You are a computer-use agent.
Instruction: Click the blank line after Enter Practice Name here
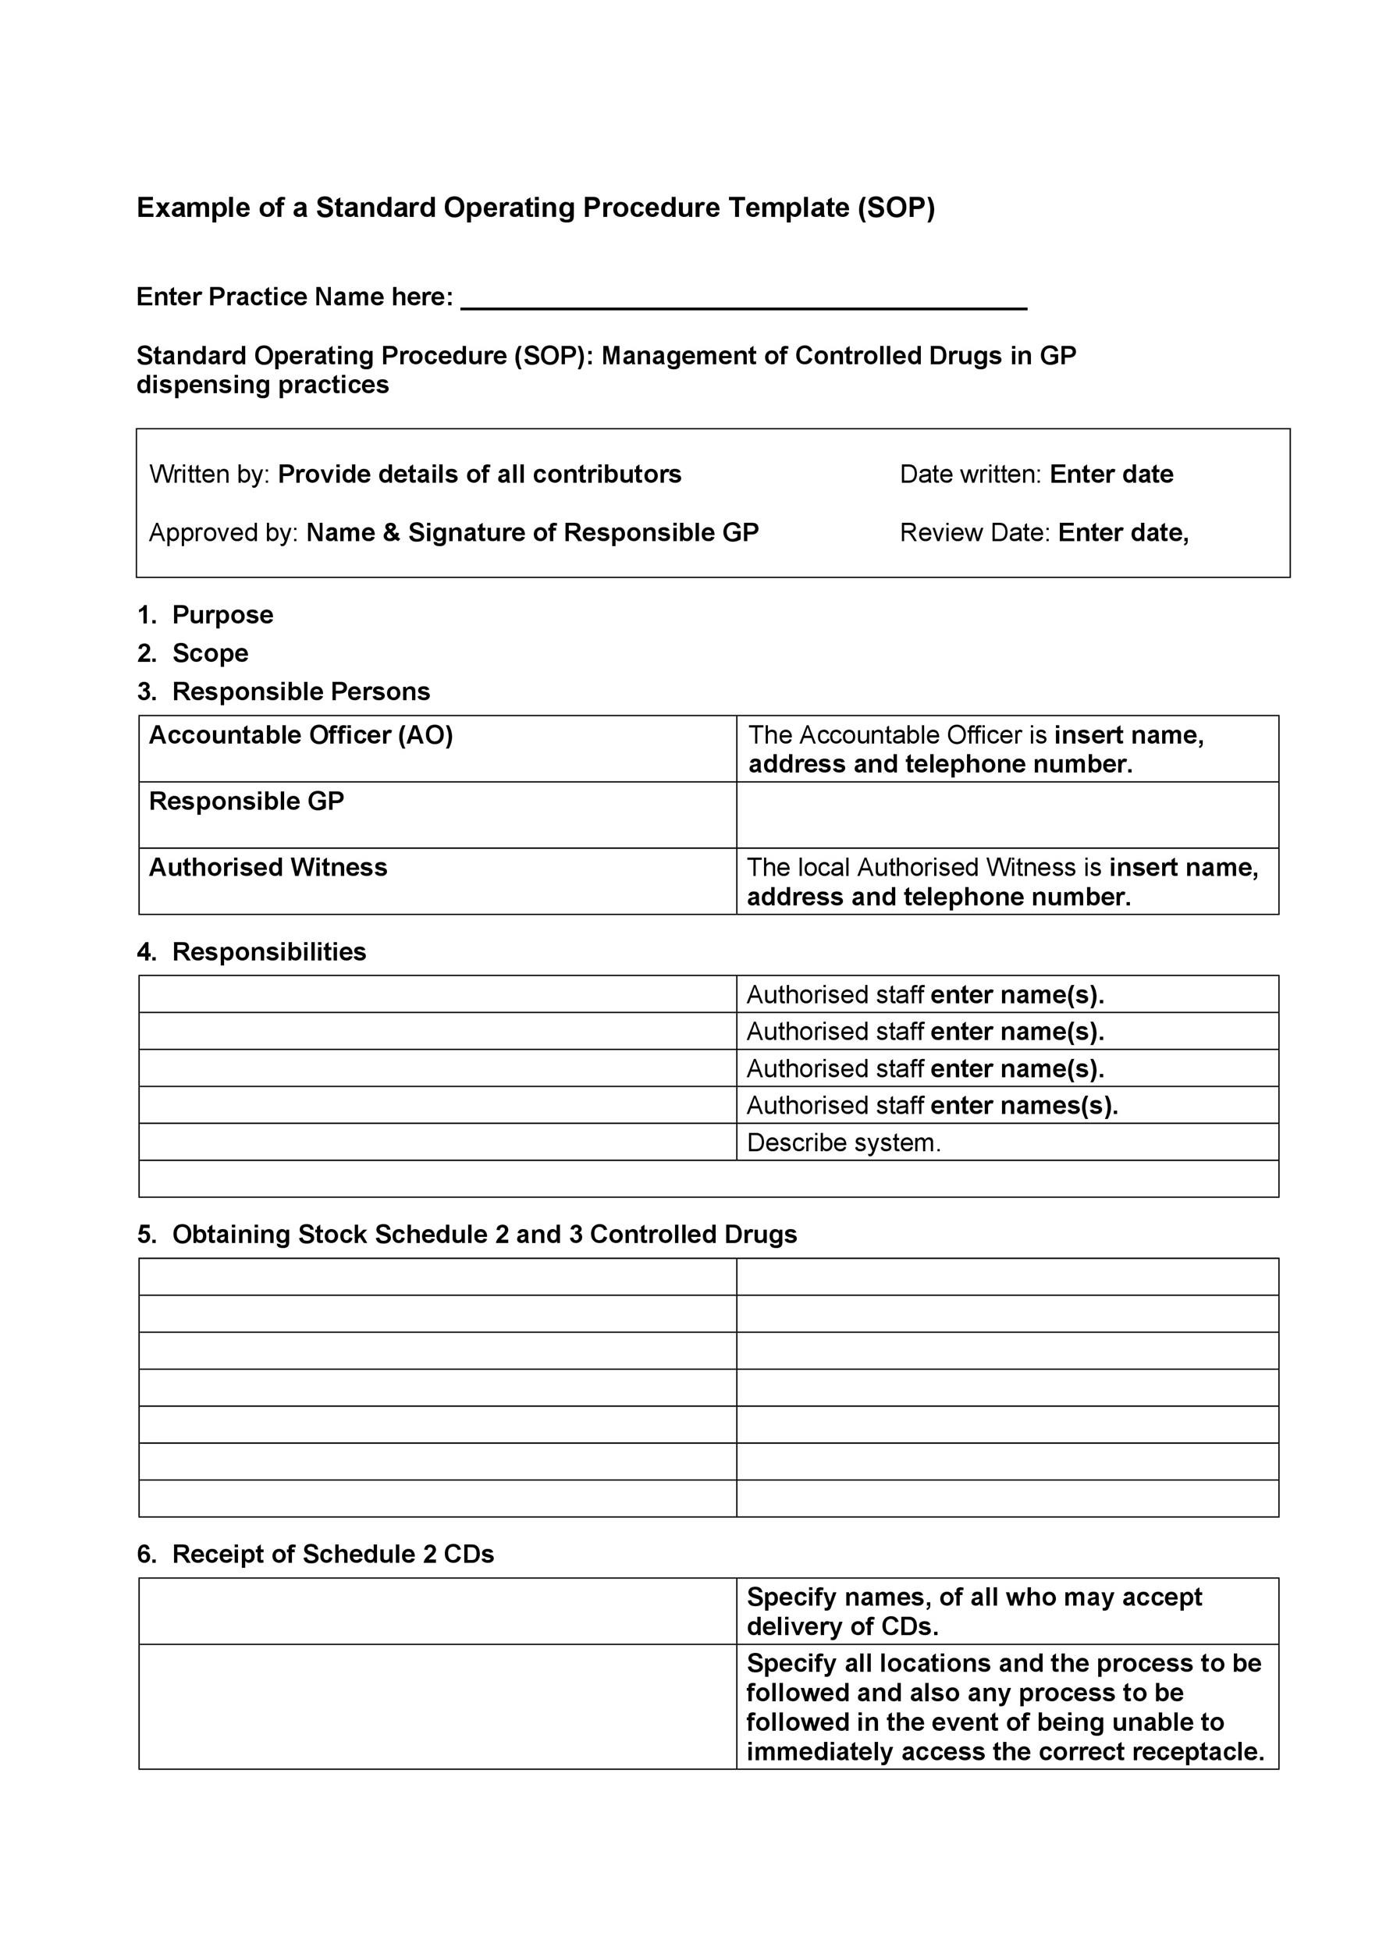pyautogui.click(x=744, y=299)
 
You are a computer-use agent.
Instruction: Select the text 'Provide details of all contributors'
pyautogui.click(x=479, y=474)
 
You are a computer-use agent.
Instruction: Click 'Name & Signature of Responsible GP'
pyautogui.click(x=532, y=533)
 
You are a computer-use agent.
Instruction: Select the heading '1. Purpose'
pyautogui.click(x=205, y=615)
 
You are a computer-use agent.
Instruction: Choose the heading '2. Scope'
pyautogui.click(x=194, y=653)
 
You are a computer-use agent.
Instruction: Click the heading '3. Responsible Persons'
pyautogui.click(x=284, y=691)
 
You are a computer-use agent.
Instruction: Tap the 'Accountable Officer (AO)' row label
pyautogui.click(x=300, y=735)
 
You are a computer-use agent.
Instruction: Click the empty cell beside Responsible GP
pyautogui.click(x=1007, y=815)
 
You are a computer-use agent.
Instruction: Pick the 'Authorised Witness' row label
pyautogui.click(x=268, y=868)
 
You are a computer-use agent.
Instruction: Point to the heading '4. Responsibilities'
pyautogui.click(x=252, y=952)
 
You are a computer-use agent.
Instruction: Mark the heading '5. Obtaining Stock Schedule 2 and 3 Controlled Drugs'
pyautogui.click(x=467, y=1235)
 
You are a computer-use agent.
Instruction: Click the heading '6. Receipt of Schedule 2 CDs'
pyautogui.click(x=316, y=1555)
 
